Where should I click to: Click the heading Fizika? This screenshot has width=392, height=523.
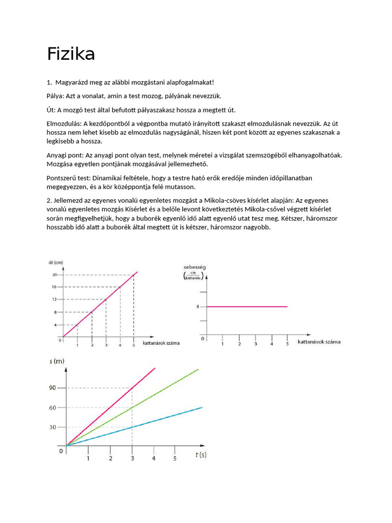(71, 54)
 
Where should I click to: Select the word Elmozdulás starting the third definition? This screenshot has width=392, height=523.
(64, 123)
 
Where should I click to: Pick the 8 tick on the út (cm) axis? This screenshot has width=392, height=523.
(55, 312)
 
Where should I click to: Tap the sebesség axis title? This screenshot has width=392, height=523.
(194, 267)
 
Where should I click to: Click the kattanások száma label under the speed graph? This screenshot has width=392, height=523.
(319, 341)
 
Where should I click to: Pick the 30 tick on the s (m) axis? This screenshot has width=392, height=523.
(54, 427)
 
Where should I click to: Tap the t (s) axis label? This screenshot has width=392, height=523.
(201, 455)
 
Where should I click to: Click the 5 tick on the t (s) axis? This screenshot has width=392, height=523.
(175, 459)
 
